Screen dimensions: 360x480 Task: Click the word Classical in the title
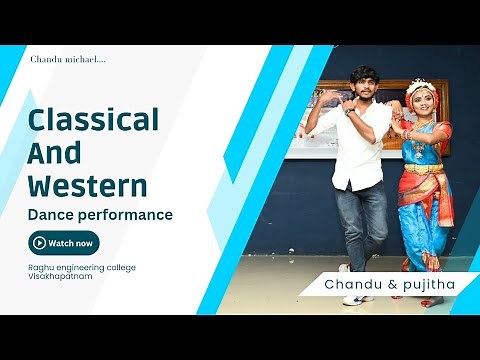pyautogui.click(x=93, y=121)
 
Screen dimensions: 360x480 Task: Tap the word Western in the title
pyautogui.click(x=88, y=185)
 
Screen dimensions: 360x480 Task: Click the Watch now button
pyautogui.click(x=64, y=243)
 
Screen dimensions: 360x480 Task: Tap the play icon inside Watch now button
pyautogui.click(x=39, y=243)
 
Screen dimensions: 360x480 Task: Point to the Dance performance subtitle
pyautogui.click(x=100, y=214)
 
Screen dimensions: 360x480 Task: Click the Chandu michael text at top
pyautogui.click(x=68, y=60)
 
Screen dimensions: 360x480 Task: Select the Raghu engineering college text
pyautogui.click(x=82, y=267)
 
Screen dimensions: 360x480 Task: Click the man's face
pyautogui.click(x=363, y=84)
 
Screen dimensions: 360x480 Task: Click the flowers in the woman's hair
pyautogui.click(x=421, y=85)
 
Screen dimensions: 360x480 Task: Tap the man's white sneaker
pyautogui.click(x=355, y=299)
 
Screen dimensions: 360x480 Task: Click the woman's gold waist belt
pyautogui.click(x=423, y=167)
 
